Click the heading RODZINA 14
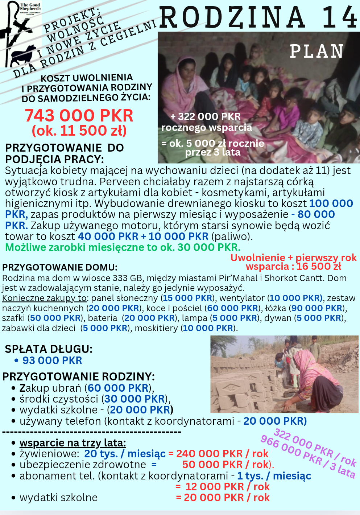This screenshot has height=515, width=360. point(258,17)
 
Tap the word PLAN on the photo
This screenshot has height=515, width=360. point(316,51)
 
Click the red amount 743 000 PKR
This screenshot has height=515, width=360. point(79,116)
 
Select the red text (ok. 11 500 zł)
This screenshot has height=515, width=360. point(79,131)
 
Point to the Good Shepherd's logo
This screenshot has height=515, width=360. point(21,34)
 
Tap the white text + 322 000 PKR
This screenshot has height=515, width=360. point(206,116)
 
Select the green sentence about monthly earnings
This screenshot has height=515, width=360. point(123,247)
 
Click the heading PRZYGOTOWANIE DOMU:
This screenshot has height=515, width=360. point(60,268)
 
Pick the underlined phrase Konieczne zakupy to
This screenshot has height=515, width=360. point(44,298)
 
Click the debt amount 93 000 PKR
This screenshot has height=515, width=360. point(52,360)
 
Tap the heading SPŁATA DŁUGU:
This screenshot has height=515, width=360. point(49,349)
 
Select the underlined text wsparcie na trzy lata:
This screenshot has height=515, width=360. point(73,443)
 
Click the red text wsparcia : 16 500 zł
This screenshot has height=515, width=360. point(293,267)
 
